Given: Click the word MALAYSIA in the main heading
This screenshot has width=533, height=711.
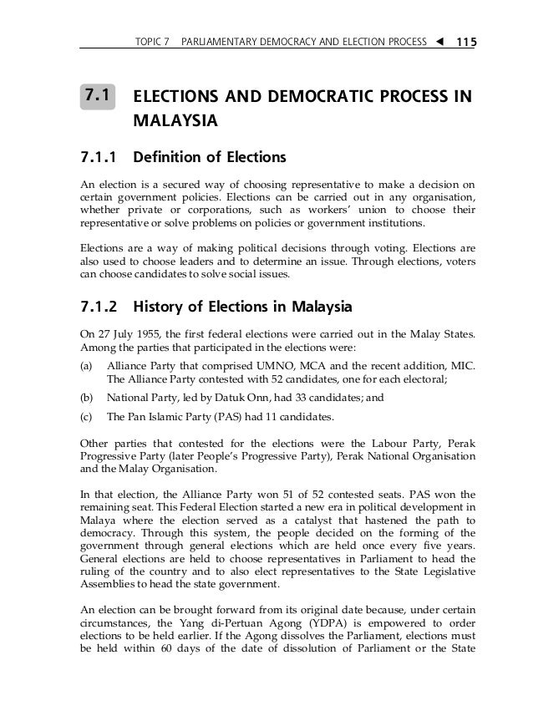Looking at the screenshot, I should pyautogui.click(x=175, y=122).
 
